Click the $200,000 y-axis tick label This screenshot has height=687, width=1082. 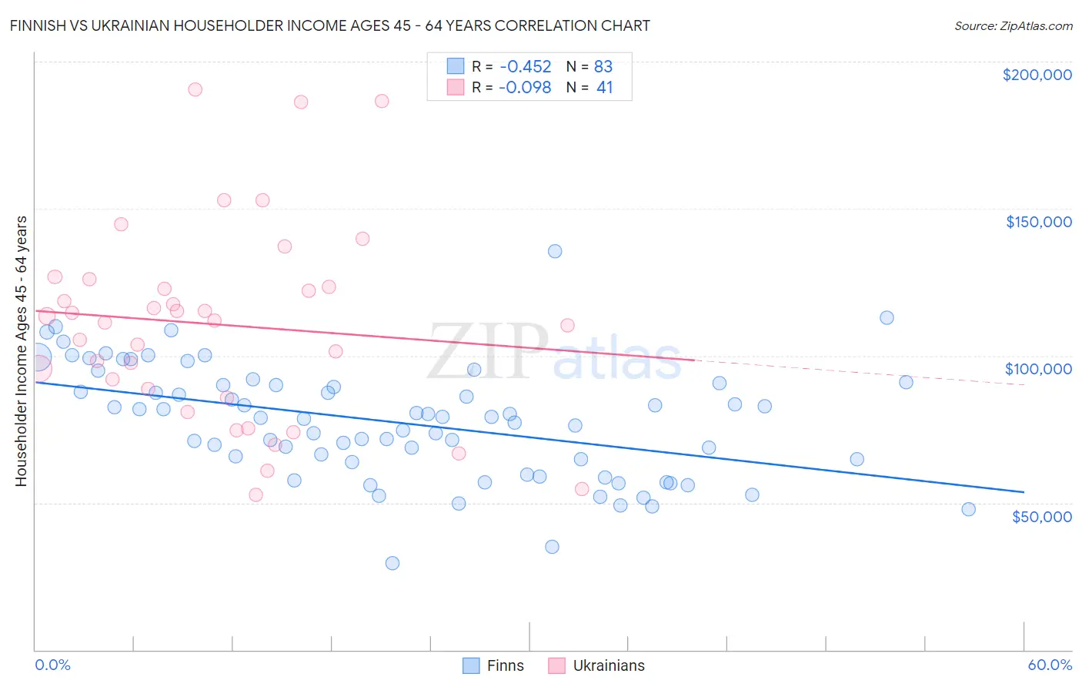(1037, 75)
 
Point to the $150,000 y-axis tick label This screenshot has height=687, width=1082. (1038, 222)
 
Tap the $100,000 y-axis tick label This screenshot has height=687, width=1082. (1038, 369)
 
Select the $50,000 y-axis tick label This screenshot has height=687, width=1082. (1041, 516)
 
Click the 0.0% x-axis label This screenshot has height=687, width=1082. (52, 665)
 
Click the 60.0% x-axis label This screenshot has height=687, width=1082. (1049, 665)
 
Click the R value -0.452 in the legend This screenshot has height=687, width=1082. (525, 66)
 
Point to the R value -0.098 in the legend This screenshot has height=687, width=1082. (525, 87)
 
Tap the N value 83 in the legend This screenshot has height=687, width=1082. (603, 66)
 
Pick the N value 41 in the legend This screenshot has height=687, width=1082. (604, 87)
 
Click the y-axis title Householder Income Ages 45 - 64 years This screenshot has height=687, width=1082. (21, 351)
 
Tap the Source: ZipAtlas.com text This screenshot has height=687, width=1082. (1013, 25)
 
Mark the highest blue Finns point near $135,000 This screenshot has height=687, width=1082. (555, 251)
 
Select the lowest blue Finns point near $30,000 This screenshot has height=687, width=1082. (392, 563)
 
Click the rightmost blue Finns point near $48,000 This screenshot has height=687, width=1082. (968, 509)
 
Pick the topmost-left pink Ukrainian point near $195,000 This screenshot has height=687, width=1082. (195, 89)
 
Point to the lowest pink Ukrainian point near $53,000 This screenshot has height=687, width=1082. (255, 494)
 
